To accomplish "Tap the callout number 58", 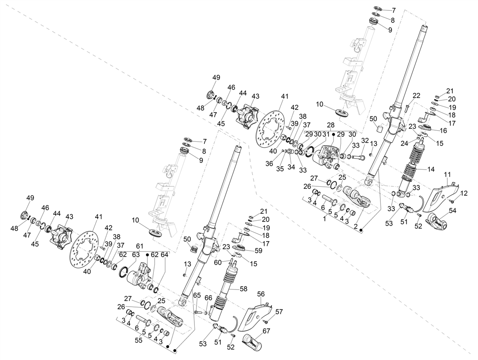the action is pyautogui.click(x=243, y=289).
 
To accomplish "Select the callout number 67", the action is pyautogui.click(x=266, y=331).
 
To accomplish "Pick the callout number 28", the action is pyautogui.click(x=330, y=125).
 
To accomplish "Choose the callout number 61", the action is pyautogui.click(x=139, y=246).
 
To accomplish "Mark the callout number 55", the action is pyautogui.click(x=139, y=340).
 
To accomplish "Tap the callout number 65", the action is pyautogui.click(x=197, y=295).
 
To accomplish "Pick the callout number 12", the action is pyautogui.click(x=464, y=193).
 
